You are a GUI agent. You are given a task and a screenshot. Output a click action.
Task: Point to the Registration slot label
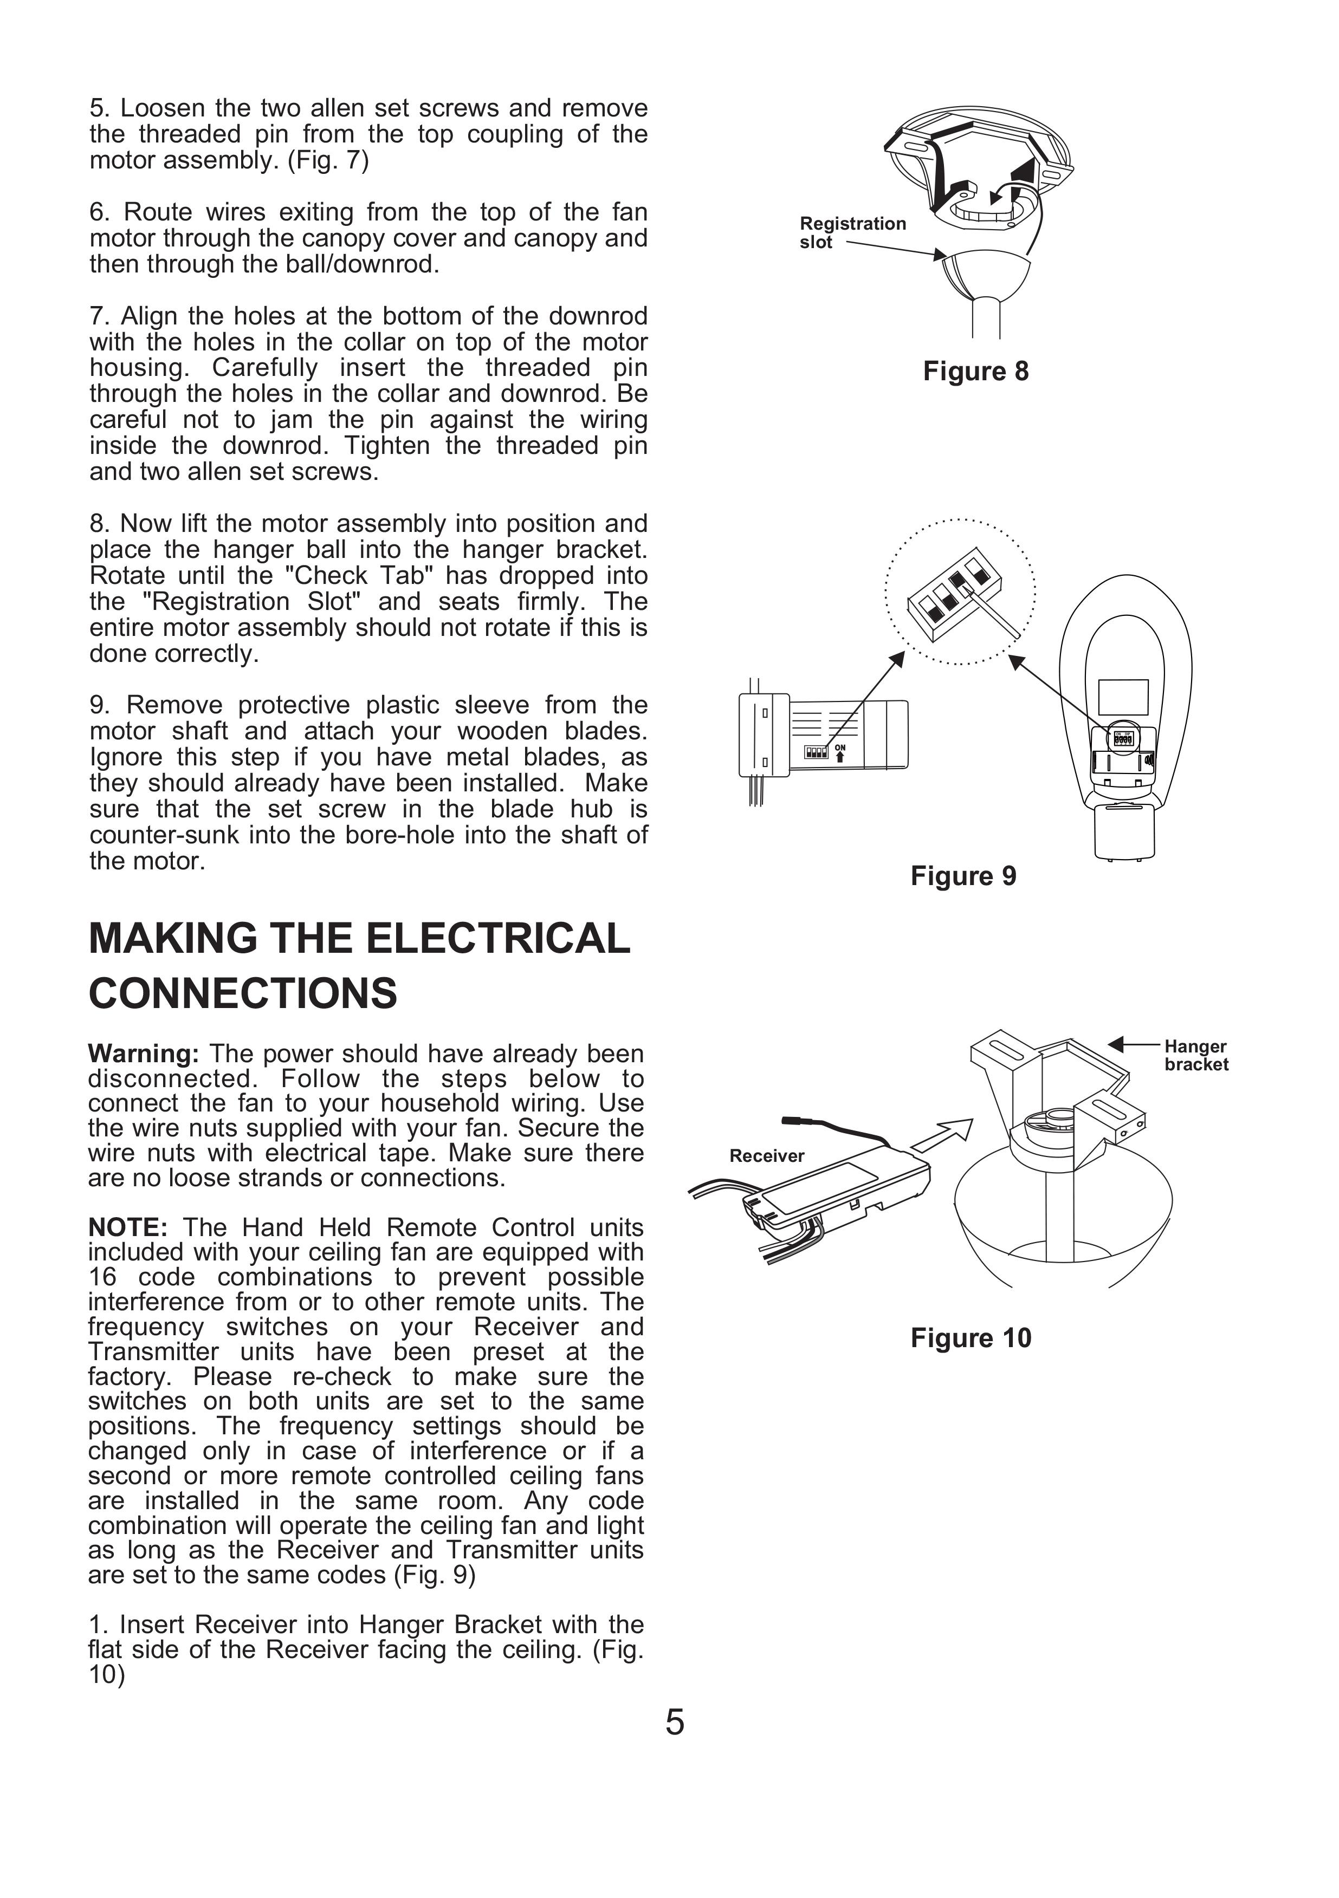click(852, 232)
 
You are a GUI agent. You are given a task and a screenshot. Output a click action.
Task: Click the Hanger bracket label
click(1196, 1056)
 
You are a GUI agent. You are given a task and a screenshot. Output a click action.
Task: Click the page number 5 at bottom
click(674, 1722)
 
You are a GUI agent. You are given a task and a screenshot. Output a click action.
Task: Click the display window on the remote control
click(1123, 697)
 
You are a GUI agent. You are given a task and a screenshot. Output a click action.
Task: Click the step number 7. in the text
click(99, 316)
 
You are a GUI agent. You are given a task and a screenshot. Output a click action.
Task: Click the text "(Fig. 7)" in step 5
click(327, 160)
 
